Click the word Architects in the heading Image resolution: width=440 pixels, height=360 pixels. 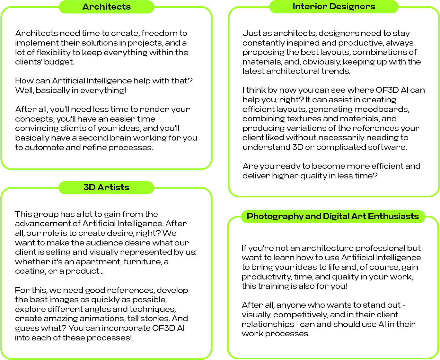pyautogui.click(x=107, y=7)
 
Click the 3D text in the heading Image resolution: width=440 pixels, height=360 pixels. pyautogui.click(x=90, y=187)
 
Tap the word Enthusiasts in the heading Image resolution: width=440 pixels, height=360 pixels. pyautogui.click(x=393, y=216)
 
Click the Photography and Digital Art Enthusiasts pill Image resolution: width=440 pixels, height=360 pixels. pyautogui.click(x=422, y=217)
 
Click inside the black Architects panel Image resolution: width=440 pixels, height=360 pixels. pyautogui.click(x=106, y=90)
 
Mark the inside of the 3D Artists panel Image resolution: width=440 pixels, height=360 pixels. pyautogui.click(x=106, y=276)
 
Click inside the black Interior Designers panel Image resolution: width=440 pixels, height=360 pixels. pyautogui.click(x=334, y=103)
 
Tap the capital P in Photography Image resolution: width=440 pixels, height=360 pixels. pyautogui.click(x=250, y=216)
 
